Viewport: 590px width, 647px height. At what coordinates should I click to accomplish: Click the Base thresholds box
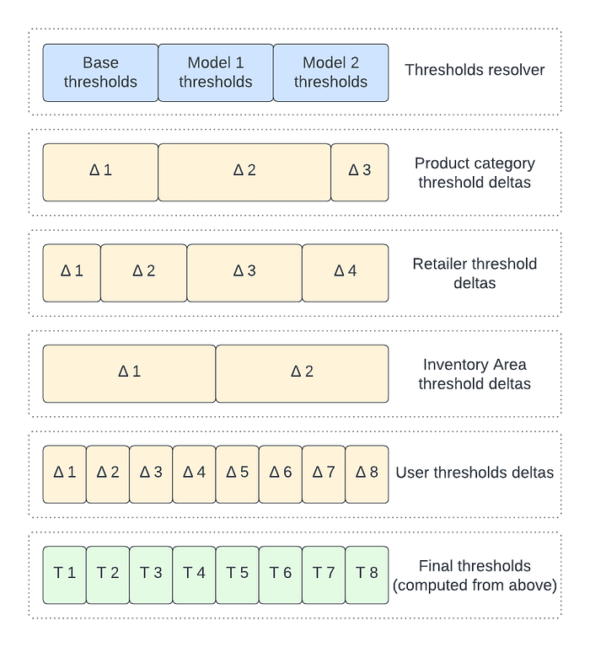click(100, 72)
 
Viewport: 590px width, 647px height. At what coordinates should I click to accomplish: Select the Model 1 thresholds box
click(216, 72)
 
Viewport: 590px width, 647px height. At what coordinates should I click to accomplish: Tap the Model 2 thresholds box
click(330, 72)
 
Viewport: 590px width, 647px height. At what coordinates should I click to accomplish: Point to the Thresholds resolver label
click(475, 70)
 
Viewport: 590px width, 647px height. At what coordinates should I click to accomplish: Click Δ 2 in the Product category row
click(244, 171)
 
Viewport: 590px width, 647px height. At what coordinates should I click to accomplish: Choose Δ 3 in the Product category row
click(360, 171)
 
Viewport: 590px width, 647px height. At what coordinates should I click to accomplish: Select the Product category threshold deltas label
click(475, 174)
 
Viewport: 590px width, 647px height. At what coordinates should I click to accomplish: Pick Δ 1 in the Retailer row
click(72, 272)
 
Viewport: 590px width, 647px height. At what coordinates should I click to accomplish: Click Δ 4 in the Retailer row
click(346, 272)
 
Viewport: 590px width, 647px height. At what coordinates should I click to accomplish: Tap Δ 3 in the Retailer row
click(244, 272)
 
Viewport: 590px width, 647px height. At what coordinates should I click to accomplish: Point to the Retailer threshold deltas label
click(475, 273)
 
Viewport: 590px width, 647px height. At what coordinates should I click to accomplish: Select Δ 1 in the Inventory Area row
click(129, 373)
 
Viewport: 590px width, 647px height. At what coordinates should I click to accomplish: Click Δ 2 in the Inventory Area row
click(302, 373)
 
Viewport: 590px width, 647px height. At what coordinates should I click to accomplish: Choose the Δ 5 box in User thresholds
click(238, 473)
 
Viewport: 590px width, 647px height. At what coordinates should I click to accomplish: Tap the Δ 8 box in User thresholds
click(367, 473)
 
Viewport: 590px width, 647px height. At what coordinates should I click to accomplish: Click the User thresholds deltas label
click(475, 473)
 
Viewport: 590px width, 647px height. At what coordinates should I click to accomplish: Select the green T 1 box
click(65, 575)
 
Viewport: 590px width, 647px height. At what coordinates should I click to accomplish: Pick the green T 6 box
click(281, 575)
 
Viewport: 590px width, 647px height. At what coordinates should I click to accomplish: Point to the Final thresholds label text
click(475, 575)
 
